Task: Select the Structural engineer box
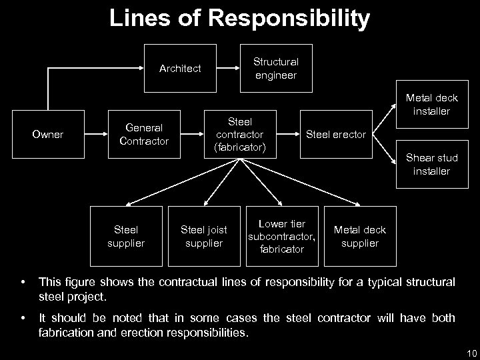click(276, 67)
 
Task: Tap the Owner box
click(47, 135)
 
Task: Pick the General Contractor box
click(144, 135)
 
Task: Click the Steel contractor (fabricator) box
click(240, 135)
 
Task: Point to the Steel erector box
click(335, 135)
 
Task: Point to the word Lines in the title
click(139, 19)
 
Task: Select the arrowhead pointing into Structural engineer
click(237, 68)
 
